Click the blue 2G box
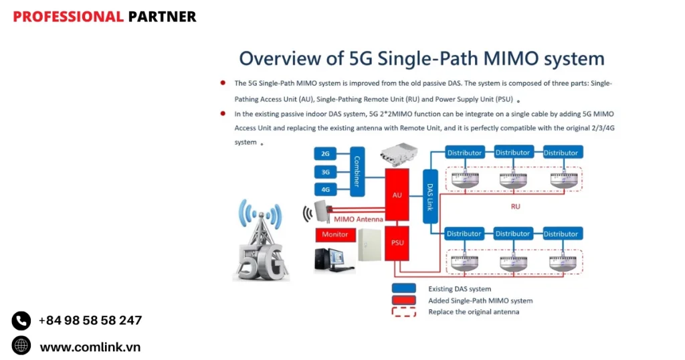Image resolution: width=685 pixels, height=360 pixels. click(x=325, y=154)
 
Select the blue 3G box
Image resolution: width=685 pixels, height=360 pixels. click(x=325, y=172)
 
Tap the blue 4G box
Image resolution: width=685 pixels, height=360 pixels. click(x=325, y=189)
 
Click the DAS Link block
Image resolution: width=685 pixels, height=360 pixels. click(x=430, y=195)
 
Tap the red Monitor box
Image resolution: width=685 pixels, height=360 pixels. click(x=335, y=234)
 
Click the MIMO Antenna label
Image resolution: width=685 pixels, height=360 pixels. click(x=359, y=219)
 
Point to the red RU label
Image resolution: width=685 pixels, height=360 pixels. click(x=515, y=207)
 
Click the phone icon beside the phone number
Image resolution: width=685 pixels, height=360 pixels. click(x=21, y=321)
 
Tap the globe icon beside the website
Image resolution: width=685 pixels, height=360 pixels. click(x=21, y=346)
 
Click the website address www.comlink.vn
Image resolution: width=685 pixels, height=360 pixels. click(x=90, y=347)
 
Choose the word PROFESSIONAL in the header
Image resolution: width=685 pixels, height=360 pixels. click(x=68, y=17)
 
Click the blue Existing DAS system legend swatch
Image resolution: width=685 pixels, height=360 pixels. click(x=405, y=289)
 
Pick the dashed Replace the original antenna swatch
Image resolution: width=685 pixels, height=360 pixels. click(x=405, y=312)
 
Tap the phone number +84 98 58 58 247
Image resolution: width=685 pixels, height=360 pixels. click(x=90, y=321)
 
